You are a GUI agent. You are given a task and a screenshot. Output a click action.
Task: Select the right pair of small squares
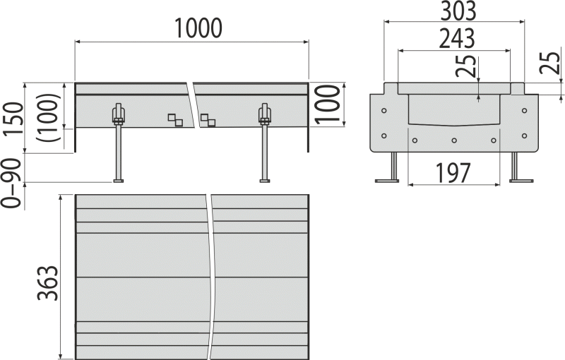208,120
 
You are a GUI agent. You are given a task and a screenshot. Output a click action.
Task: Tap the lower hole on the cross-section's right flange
524,135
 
